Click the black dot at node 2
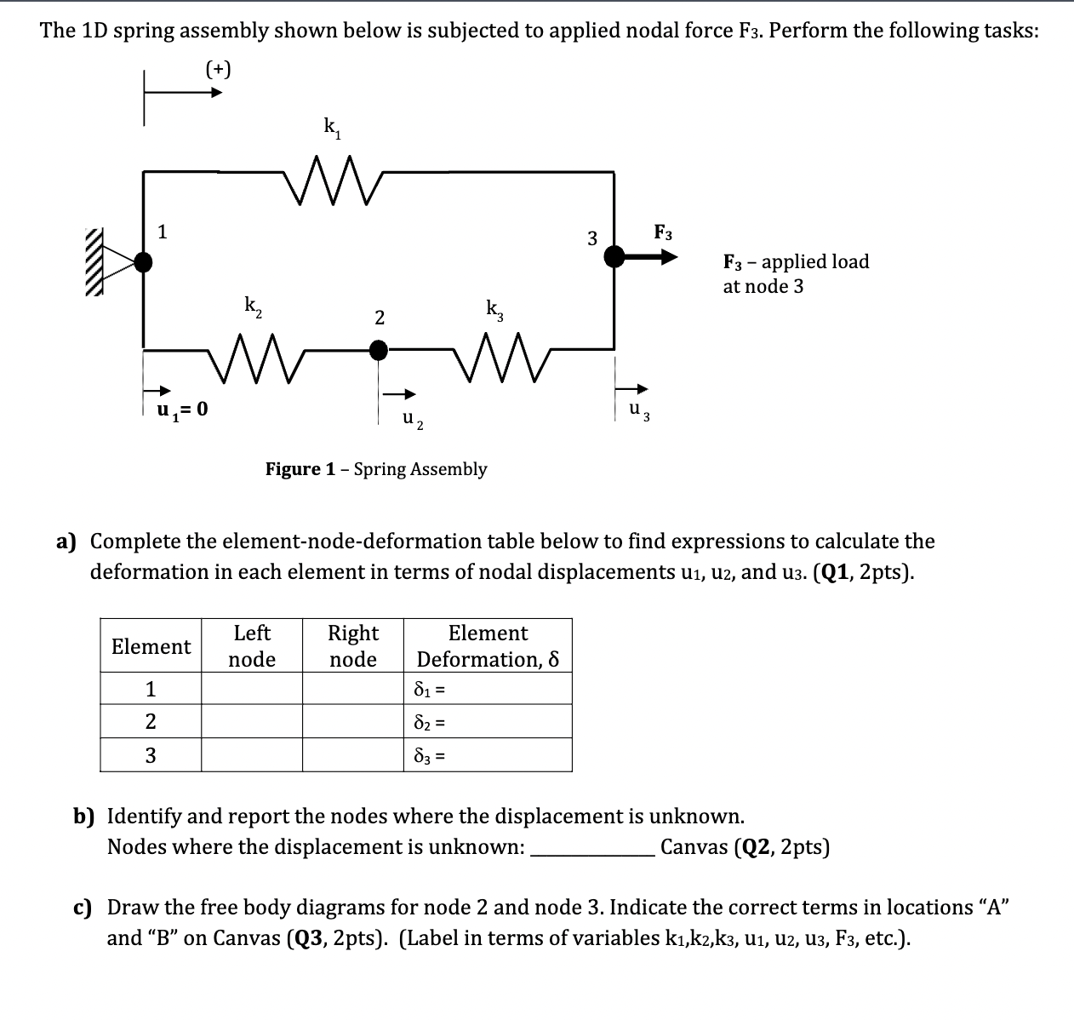(x=379, y=349)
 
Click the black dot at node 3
(x=614, y=255)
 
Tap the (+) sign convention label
(x=218, y=68)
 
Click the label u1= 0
(x=180, y=410)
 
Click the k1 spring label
(x=331, y=129)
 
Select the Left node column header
(x=252, y=646)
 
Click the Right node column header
(x=353, y=646)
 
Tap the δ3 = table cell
(x=487, y=755)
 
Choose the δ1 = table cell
(x=487, y=689)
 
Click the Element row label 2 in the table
(x=151, y=722)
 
